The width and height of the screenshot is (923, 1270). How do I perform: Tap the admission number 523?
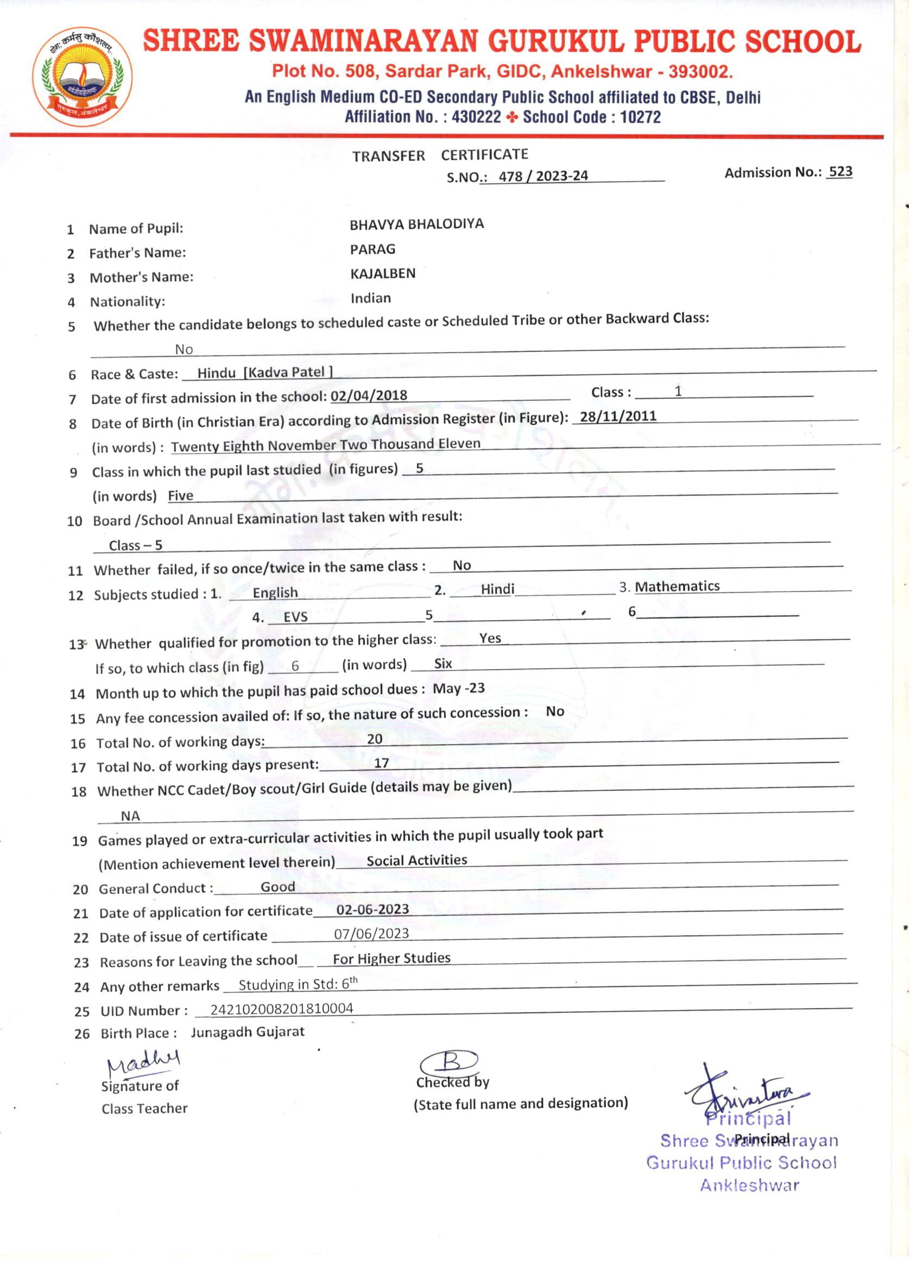click(x=840, y=171)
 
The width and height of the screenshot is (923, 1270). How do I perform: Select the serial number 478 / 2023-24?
click(x=543, y=177)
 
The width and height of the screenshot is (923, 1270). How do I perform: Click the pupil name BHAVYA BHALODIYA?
click(x=416, y=224)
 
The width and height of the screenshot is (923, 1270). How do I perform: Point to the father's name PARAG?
click(x=372, y=249)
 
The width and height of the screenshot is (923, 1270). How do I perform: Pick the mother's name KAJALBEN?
click(x=383, y=274)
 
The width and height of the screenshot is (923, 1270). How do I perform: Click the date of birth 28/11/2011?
click(x=618, y=417)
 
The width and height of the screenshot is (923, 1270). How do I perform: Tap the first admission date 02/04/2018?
click(x=369, y=395)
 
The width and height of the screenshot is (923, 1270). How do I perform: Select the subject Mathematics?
click(x=677, y=586)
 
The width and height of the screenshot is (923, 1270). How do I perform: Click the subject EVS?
click(x=295, y=617)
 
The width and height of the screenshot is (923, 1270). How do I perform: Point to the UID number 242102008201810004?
click(x=282, y=1009)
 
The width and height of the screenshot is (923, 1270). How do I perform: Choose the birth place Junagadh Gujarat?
click(x=248, y=1032)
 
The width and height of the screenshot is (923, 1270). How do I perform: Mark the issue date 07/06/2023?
click(x=372, y=933)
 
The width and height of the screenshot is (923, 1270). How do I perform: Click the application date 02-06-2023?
click(x=372, y=909)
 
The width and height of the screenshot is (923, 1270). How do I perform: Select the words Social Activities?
click(x=416, y=860)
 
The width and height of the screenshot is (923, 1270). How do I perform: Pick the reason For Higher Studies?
click(x=391, y=958)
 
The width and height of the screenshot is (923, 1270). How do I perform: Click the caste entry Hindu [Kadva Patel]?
click(x=265, y=373)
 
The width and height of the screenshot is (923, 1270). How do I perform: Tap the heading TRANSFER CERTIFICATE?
click(x=440, y=155)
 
